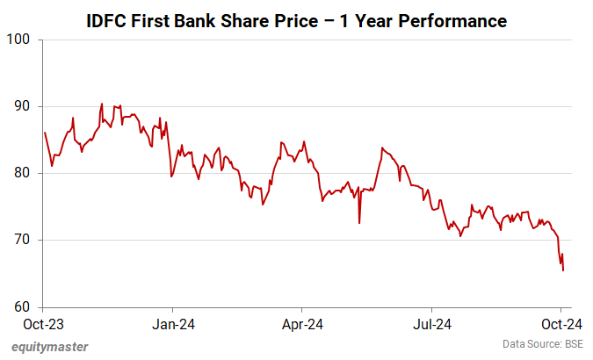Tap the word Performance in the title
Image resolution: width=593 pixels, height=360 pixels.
[x=450, y=20]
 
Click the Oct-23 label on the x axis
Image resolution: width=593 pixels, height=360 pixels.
[x=44, y=324]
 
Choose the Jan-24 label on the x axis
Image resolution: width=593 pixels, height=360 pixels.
[x=173, y=324]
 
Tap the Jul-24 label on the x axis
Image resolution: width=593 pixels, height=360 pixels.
[x=432, y=324]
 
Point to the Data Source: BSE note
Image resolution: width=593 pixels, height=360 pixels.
[x=543, y=343]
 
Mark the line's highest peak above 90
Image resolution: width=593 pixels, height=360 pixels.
[x=102, y=104]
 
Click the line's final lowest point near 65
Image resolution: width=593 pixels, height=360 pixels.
[x=562, y=270]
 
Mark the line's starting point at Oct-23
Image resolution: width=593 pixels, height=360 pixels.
[x=44, y=133]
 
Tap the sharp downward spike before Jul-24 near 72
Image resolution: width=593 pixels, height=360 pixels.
[x=359, y=223]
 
